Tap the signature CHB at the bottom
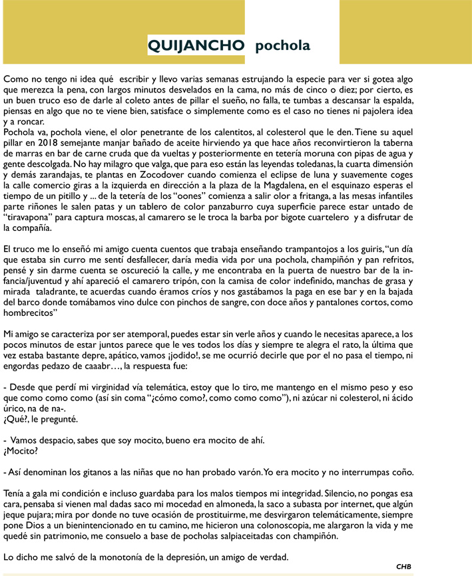pos(403,566)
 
